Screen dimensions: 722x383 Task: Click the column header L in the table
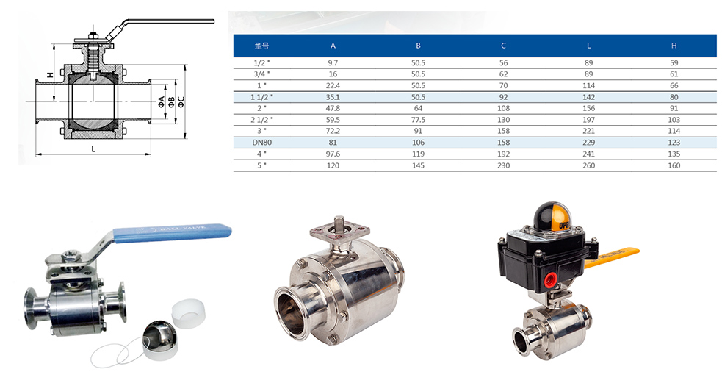(x=588, y=46)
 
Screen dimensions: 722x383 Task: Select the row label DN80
(x=261, y=143)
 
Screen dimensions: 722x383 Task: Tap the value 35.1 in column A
(x=333, y=97)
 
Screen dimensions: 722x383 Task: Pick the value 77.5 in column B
(x=418, y=119)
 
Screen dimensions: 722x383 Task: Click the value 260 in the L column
(x=588, y=165)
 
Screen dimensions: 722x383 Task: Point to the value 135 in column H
(x=674, y=154)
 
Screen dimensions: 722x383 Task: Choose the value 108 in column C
(x=503, y=108)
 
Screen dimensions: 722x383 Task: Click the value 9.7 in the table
(x=333, y=62)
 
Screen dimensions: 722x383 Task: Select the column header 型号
(x=261, y=46)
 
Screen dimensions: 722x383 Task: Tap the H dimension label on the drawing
(x=51, y=75)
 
